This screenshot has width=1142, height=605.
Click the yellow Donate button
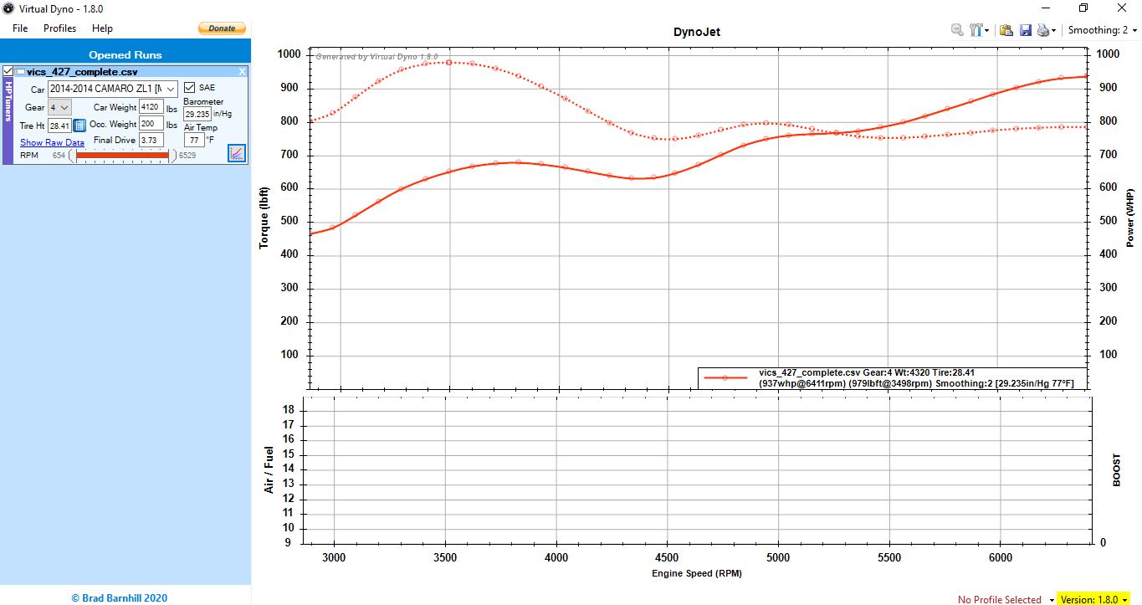coord(222,28)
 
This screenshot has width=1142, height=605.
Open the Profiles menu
coord(59,28)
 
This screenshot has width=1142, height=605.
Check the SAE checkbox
coord(190,88)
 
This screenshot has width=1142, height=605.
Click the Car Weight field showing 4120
coord(151,107)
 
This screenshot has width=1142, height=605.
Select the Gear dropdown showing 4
coord(59,107)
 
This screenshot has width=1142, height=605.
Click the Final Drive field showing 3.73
coord(151,141)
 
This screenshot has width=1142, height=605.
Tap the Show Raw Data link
coord(52,143)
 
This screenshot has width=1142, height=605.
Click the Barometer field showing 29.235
coord(197,114)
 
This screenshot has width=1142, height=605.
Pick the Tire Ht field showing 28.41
coord(59,126)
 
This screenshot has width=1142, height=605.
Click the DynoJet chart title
coord(696,33)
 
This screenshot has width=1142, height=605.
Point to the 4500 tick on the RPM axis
coord(667,557)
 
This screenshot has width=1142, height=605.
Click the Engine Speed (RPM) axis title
coord(696,573)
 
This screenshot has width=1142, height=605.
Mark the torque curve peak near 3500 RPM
coord(448,62)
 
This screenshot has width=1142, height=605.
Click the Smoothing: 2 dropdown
coord(1102,30)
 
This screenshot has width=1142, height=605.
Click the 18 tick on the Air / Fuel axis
coord(288,410)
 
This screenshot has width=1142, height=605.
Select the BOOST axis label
coord(1116,470)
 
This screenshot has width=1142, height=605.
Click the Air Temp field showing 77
coord(194,141)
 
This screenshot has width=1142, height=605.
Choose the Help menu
coord(102,28)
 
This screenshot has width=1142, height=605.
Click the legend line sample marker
coord(725,378)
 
